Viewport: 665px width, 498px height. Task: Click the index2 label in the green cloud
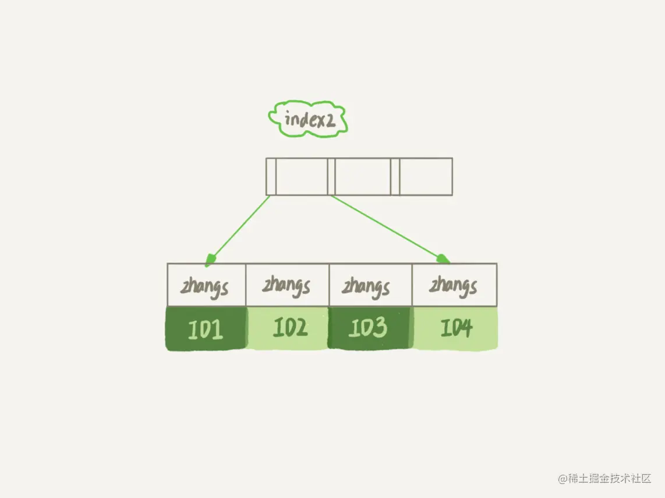pyautogui.click(x=308, y=119)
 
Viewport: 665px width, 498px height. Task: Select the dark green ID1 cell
pyautogui.click(x=206, y=329)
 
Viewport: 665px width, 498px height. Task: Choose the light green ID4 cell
pyautogui.click(x=455, y=329)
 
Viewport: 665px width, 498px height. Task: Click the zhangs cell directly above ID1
pyautogui.click(x=206, y=285)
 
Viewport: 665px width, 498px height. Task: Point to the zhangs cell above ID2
pyautogui.click(x=287, y=285)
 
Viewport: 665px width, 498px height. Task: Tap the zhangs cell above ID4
pyautogui.click(x=454, y=285)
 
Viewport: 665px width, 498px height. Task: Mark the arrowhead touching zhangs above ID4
pyautogui.click(x=444, y=258)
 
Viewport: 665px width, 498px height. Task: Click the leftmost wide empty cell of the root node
pyautogui.click(x=301, y=176)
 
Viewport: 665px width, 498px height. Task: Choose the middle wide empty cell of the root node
pyautogui.click(x=362, y=176)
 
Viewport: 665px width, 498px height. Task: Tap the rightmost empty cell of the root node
pyautogui.click(x=426, y=176)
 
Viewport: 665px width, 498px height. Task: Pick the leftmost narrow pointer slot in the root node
pyautogui.click(x=271, y=176)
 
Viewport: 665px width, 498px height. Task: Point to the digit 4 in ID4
pyautogui.click(x=464, y=329)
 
